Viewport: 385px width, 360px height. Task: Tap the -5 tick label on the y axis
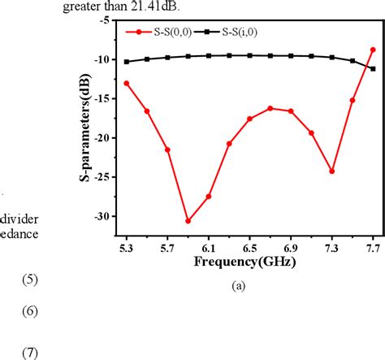click(105, 20)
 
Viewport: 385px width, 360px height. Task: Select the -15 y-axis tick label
click(102, 99)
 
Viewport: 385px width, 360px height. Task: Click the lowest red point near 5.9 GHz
click(188, 221)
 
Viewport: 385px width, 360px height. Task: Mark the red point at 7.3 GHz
click(331, 171)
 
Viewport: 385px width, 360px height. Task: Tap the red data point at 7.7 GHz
click(373, 50)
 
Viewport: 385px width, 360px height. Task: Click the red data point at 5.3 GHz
click(126, 83)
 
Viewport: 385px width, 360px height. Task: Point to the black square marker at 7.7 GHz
click(373, 68)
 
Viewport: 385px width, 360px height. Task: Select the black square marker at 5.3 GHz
click(126, 62)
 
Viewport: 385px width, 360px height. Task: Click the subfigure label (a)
click(238, 285)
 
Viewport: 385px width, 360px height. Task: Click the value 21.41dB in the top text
click(144, 7)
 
